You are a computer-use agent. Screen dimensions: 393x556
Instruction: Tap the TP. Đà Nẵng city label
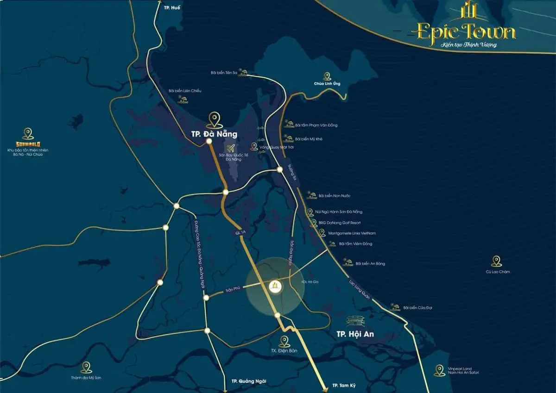214,134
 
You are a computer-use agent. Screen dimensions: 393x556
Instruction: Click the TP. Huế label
171,7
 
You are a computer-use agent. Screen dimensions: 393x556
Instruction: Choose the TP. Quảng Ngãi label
250,381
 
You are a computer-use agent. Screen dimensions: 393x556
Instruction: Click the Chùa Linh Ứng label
327,84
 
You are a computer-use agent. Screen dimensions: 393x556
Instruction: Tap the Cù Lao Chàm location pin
497,261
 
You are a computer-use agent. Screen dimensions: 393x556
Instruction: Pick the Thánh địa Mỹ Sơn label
86,378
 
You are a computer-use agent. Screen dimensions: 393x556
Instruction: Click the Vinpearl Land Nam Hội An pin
439,370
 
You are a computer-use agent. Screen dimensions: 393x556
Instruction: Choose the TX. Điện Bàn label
284,351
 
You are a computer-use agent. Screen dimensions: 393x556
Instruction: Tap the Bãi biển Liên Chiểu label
185,91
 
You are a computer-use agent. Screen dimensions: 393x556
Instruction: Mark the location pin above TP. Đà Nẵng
214,119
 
